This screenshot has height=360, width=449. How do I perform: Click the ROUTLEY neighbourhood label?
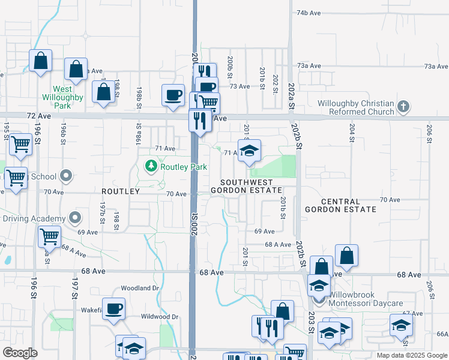(x=120, y=191)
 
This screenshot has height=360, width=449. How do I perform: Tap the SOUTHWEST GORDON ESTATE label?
(x=246, y=186)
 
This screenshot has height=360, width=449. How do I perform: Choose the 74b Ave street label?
(x=310, y=13)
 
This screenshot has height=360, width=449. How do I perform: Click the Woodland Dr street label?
(x=139, y=288)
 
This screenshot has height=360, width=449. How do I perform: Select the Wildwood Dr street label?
(x=160, y=316)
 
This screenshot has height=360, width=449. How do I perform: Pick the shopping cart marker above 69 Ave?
(x=49, y=236)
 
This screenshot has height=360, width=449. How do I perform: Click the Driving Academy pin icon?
(x=74, y=217)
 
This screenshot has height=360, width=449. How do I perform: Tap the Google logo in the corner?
(x=20, y=353)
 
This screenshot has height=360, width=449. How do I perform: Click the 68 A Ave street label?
(x=278, y=245)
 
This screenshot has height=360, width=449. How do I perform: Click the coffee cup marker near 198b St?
(x=173, y=95)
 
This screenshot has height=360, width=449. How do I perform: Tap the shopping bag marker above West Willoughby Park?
(x=76, y=70)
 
